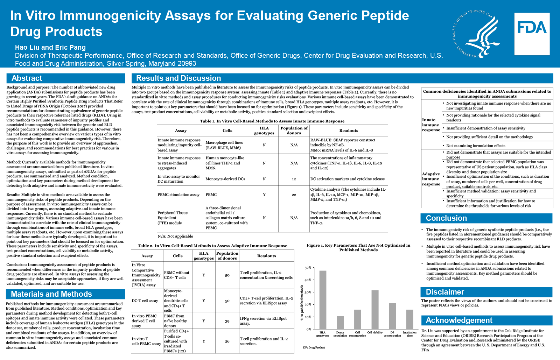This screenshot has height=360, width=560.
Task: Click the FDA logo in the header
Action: coord(532,34)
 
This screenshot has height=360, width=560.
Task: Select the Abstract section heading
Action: coord(27,78)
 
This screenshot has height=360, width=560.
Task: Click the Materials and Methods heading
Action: coord(51,294)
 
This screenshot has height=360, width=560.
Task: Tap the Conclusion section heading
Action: coord(446,218)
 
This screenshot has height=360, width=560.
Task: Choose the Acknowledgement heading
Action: coord(459,320)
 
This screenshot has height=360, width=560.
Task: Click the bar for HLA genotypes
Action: coord(323,299)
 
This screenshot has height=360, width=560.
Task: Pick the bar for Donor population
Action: coord(340,322)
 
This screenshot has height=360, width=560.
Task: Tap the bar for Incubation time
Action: coord(409,319)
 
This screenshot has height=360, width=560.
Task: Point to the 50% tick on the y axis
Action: coord(308,268)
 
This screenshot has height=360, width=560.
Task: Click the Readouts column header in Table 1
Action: coord(349,130)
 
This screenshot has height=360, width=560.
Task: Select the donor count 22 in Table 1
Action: coord(294,195)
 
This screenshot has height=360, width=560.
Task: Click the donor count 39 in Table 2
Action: coord(227,321)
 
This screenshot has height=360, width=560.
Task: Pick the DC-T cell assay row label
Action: coord(145,301)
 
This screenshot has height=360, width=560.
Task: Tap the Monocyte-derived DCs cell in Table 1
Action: coord(225,179)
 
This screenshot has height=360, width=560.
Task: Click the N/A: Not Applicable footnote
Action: coord(175,237)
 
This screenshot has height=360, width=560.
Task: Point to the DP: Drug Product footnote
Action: coord(314,347)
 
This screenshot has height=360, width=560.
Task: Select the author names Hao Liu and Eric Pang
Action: coord(50,47)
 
